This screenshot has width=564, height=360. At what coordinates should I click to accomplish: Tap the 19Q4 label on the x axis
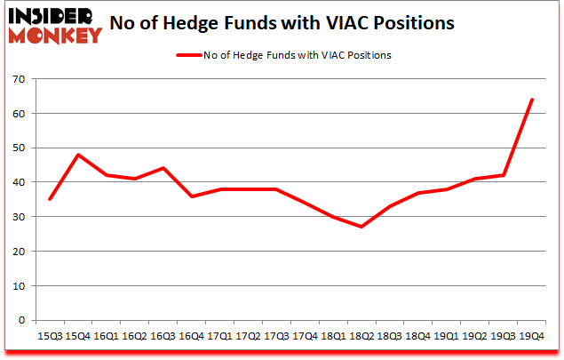[531, 336]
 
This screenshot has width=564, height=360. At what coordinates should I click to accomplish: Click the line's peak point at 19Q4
[531, 100]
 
